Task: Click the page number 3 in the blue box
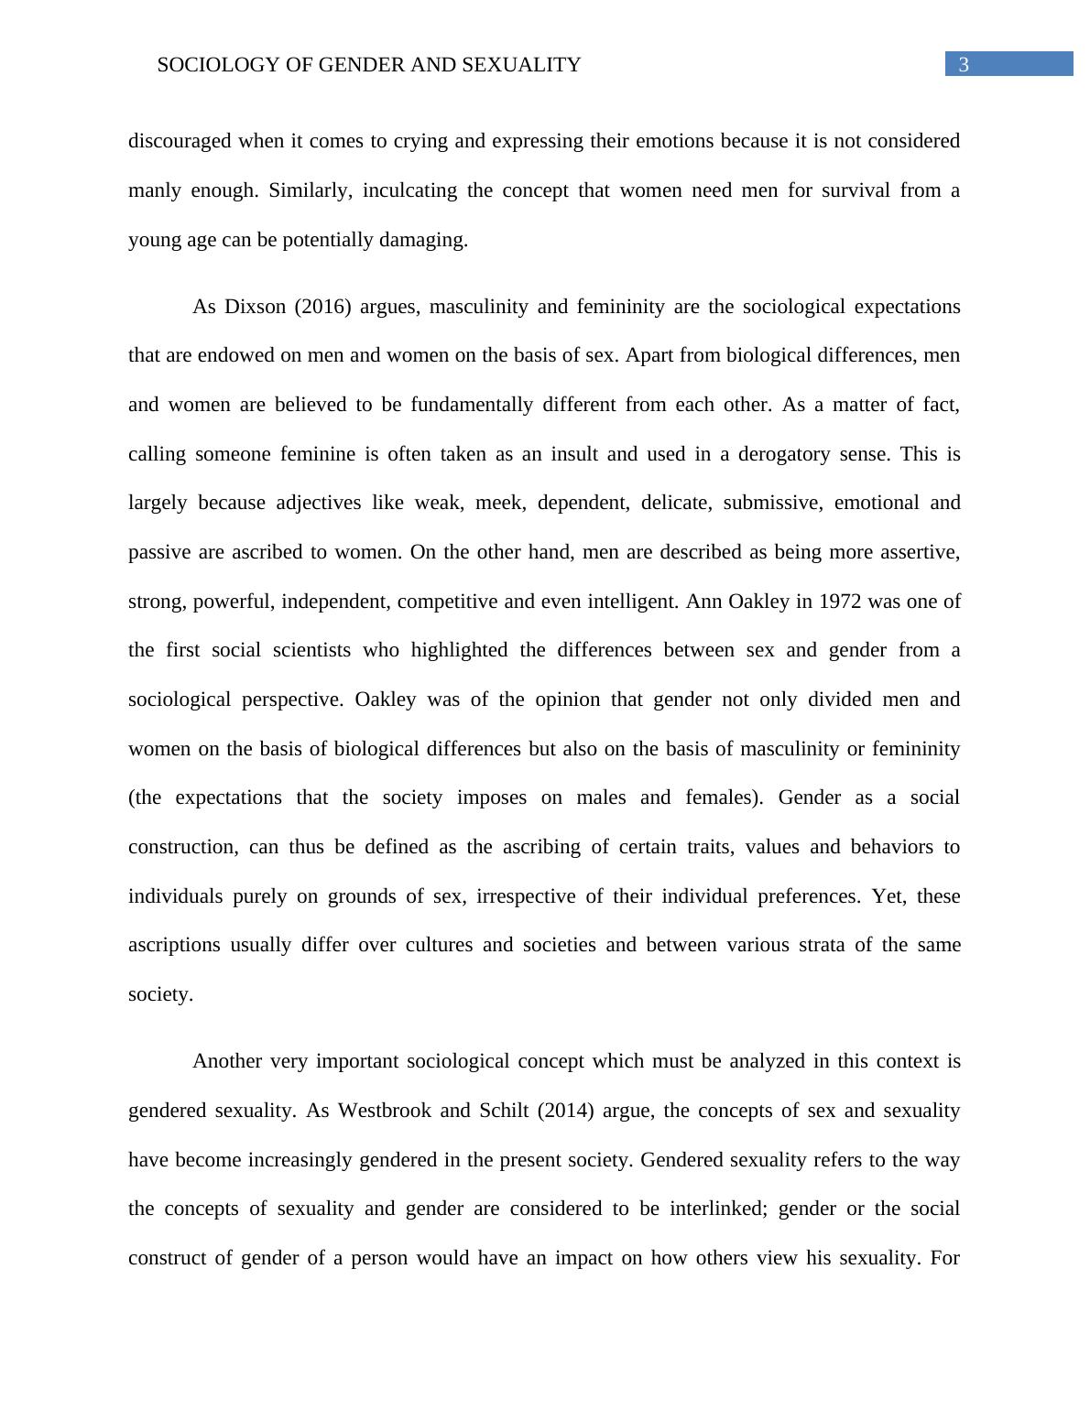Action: click(963, 65)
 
